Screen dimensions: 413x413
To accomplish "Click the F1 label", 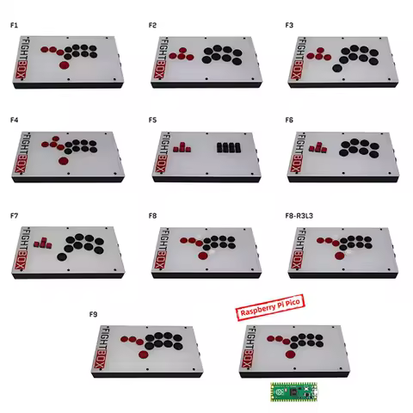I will (14, 26).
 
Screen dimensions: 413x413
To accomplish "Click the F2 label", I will (152, 26).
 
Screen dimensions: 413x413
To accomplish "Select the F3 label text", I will (289, 26).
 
